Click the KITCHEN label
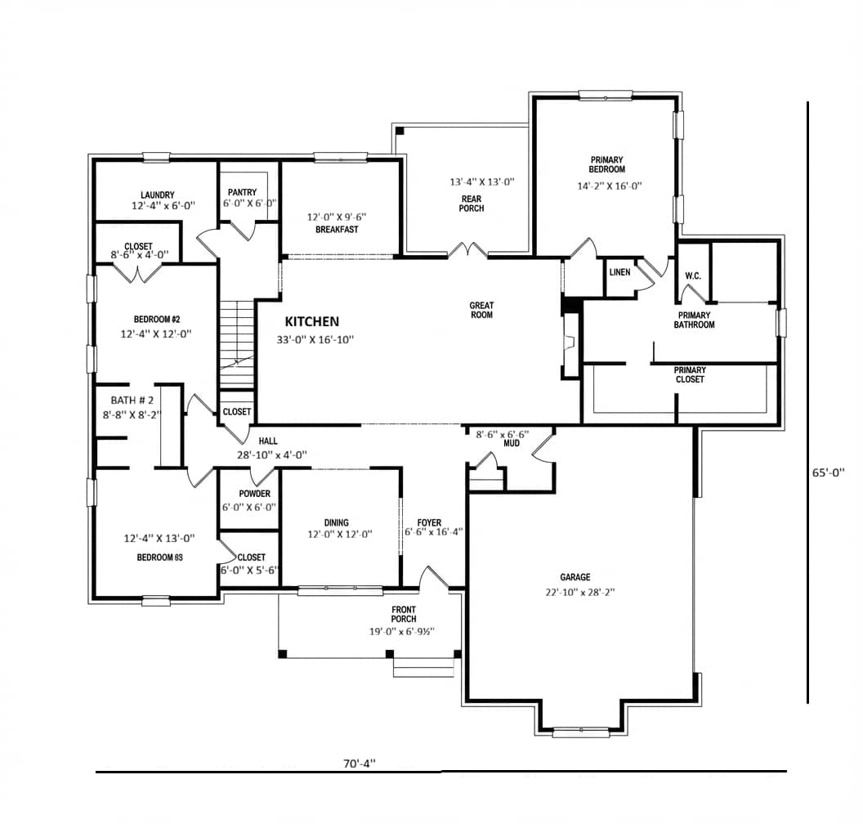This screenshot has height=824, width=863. [311, 321]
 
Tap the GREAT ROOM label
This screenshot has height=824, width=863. [481, 310]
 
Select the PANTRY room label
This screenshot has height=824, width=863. [242, 192]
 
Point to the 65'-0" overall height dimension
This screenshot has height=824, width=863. [828, 472]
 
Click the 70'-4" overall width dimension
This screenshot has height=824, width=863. [360, 764]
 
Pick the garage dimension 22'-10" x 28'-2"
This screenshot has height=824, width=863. [580, 593]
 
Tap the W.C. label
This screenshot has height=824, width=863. [693, 275]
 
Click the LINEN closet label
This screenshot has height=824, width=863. [619, 272]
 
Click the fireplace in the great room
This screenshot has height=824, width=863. [570, 345]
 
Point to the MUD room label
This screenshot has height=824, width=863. [512, 443]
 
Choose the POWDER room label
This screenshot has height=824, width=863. [254, 494]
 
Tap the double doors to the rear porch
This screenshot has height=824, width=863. [467, 250]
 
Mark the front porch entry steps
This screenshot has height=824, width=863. [424, 667]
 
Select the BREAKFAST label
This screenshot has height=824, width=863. [337, 230]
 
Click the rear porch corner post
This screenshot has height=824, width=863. [400, 131]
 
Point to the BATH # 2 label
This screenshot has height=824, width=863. [132, 401]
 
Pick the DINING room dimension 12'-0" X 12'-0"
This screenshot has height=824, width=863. [340, 534]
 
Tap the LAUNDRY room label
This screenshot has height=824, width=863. [158, 195]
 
